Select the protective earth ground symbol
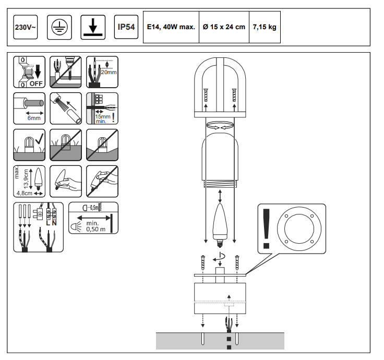pos(57,27)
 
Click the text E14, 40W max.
pos(171,27)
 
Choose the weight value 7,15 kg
pos(265,27)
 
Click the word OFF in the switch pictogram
pos(36,83)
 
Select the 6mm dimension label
pos(35,118)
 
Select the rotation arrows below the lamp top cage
pos(220,126)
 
